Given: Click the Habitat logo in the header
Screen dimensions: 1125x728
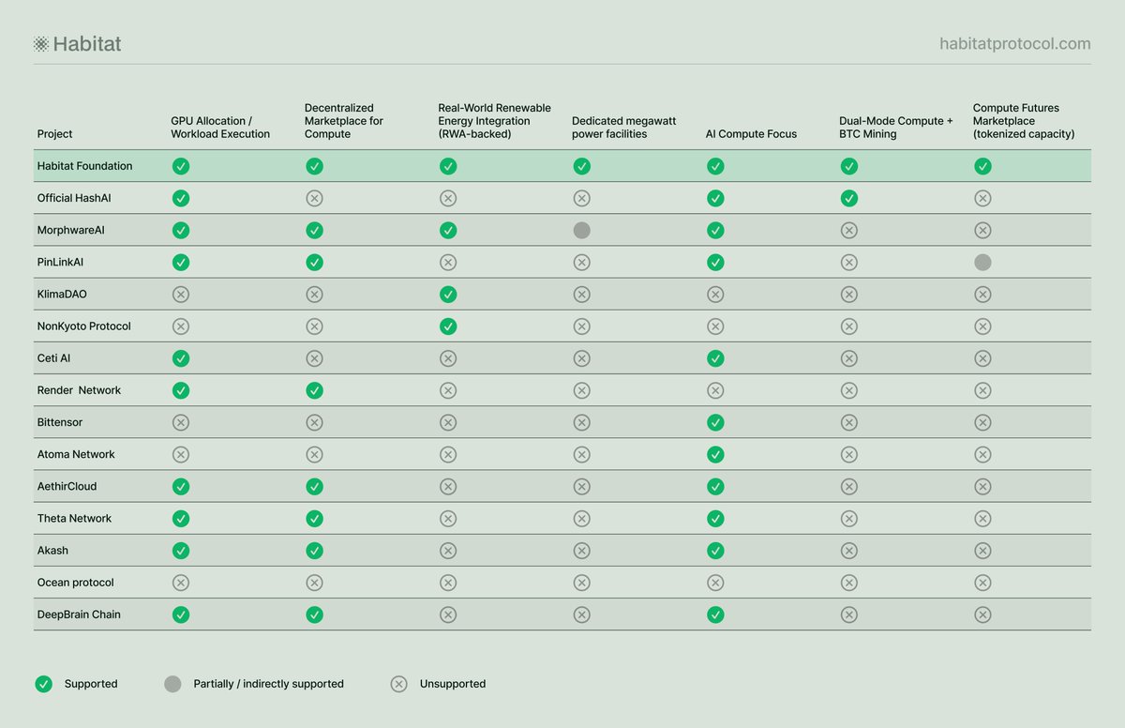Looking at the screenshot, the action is [77, 44].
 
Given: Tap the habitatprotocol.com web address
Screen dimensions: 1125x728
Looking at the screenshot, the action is [1015, 44].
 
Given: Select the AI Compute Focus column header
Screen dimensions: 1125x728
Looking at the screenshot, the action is [751, 133].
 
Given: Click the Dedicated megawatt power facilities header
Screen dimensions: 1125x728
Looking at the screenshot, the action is [623, 127].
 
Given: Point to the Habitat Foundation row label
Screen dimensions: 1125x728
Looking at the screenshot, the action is [85, 166].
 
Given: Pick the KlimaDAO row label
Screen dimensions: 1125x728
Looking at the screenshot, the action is [62, 294].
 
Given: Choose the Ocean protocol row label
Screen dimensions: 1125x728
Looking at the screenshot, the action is [75, 583].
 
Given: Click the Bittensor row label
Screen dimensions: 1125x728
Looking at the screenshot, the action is [60, 422].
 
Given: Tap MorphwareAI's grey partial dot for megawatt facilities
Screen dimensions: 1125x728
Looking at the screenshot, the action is [581, 230].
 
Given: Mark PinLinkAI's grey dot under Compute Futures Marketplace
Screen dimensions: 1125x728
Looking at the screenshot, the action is [982, 263].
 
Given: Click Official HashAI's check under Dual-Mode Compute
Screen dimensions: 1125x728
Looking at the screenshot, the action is [848, 198].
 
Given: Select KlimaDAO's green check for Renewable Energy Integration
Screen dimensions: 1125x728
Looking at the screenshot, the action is [448, 295].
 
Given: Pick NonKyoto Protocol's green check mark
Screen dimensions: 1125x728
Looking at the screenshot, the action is [448, 326].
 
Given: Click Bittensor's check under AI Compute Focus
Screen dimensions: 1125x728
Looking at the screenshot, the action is [715, 422].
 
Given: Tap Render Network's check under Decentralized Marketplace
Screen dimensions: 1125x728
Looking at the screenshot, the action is [314, 390].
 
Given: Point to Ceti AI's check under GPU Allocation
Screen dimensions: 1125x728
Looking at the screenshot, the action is [181, 358].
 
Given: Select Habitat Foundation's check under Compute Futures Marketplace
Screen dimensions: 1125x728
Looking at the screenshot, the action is [982, 166].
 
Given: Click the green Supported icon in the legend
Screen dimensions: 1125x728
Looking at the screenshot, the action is [44, 684].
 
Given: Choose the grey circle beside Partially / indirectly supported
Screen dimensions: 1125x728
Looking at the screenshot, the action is [172, 684].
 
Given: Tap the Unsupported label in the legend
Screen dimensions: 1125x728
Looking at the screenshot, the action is [453, 684].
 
